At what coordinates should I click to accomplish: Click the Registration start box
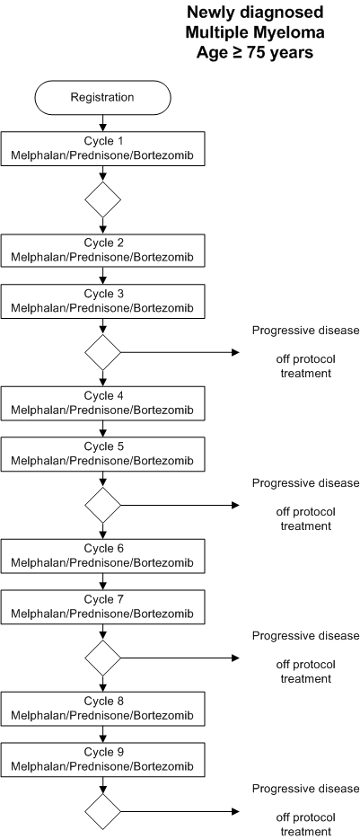click(x=102, y=97)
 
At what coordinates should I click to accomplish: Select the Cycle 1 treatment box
click(x=102, y=148)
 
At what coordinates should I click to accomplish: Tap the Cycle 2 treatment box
click(x=102, y=251)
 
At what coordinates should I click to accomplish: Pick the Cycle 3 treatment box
click(x=102, y=301)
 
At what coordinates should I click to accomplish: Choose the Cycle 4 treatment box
click(x=102, y=403)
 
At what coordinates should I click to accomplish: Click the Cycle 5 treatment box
click(x=102, y=454)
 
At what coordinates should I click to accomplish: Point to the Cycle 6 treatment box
click(x=102, y=555)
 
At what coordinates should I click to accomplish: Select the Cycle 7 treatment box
click(x=102, y=606)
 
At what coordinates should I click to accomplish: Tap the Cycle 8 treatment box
click(x=102, y=708)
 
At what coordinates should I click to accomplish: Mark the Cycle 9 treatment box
click(x=102, y=759)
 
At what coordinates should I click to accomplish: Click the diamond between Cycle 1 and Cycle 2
click(x=102, y=199)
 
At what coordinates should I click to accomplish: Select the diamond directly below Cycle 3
click(x=102, y=352)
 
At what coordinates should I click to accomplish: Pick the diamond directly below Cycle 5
click(x=102, y=505)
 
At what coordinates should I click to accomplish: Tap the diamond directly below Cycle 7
click(x=102, y=658)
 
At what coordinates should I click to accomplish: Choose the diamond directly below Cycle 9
click(x=102, y=811)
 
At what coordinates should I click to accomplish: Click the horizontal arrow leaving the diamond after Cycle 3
click(x=180, y=352)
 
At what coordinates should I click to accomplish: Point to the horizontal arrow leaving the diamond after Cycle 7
click(x=180, y=658)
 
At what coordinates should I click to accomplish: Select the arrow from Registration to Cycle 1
click(x=102, y=123)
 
